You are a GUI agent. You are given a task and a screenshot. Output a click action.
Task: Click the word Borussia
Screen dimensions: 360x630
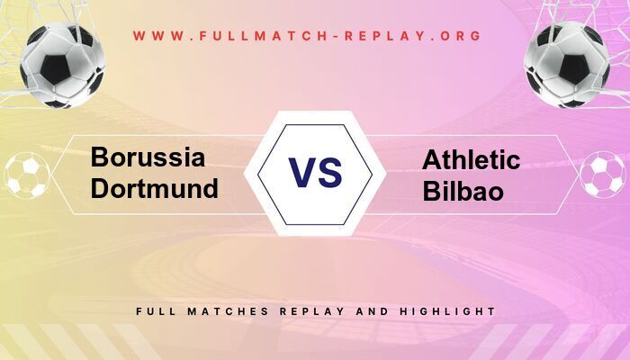[x=148, y=158]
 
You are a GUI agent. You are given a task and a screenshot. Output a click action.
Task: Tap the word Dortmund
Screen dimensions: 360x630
[x=155, y=188]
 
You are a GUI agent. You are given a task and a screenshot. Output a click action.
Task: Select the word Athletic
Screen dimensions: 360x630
[x=471, y=160]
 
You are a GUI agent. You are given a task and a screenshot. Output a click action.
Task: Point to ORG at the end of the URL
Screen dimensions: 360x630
[x=460, y=37]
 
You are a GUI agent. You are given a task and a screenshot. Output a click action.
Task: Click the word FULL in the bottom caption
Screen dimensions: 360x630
[x=155, y=311]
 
